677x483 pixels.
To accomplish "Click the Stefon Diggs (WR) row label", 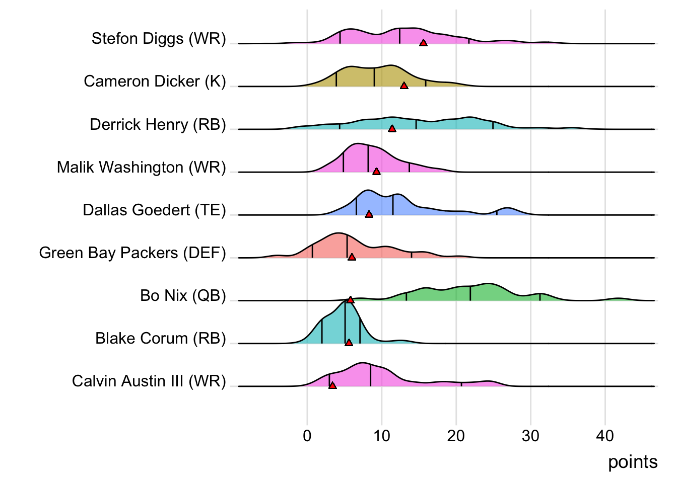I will pyautogui.click(x=159, y=39).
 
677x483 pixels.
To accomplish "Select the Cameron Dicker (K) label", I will pyautogui.click(x=155, y=82).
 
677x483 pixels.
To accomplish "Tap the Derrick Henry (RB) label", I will pyautogui.click(x=158, y=124).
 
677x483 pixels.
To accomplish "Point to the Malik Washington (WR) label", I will pyautogui.click(x=141, y=167).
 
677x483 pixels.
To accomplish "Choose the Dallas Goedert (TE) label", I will pyautogui.click(x=154, y=210).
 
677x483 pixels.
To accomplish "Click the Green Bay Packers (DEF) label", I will pyautogui.click(x=132, y=253).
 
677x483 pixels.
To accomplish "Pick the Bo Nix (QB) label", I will pyautogui.click(x=183, y=295).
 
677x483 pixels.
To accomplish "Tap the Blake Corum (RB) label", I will pyautogui.click(x=161, y=338).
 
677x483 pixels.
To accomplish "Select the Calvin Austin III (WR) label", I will pyautogui.click(x=149, y=381).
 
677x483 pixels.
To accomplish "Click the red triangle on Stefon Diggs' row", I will pyautogui.click(x=423, y=43).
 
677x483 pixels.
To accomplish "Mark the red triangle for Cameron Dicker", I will pyautogui.click(x=404, y=86).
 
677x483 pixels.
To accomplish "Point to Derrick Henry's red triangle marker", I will pyautogui.click(x=392, y=129).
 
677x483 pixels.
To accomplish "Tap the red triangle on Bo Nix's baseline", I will pyautogui.click(x=351, y=300).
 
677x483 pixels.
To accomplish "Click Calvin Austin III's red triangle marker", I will pyautogui.click(x=332, y=385).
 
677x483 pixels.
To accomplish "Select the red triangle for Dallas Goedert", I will pyautogui.click(x=369, y=214).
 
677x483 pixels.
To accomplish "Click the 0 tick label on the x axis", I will pyautogui.click(x=307, y=436).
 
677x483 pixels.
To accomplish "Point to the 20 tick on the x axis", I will pyautogui.click(x=456, y=436).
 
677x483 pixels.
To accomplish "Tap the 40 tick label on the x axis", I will pyautogui.click(x=605, y=436).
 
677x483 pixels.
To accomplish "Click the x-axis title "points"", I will pyautogui.click(x=633, y=462).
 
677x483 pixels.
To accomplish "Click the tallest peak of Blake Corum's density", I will pyautogui.click(x=348, y=302).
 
